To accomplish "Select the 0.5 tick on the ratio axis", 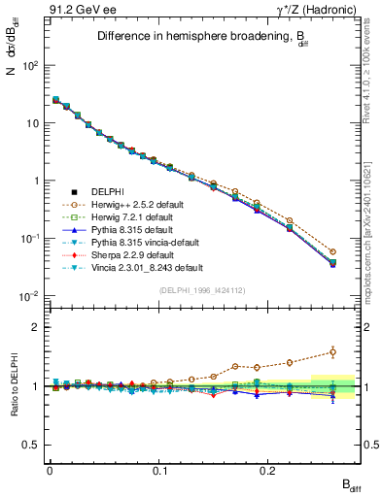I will point(34,445).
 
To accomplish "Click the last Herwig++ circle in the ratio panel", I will point(332,352).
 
